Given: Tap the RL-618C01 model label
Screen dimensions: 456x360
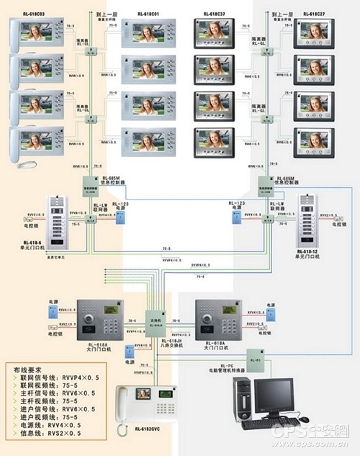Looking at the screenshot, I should point(150,14).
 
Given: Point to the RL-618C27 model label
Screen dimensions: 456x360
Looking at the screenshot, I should point(314,14).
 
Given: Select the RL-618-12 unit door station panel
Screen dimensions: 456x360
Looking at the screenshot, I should point(307,217).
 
